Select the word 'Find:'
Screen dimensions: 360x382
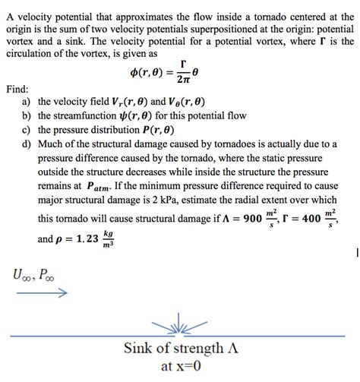point(17,88)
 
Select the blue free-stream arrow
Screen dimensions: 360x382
point(43,292)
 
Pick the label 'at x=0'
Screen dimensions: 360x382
point(180,368)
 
